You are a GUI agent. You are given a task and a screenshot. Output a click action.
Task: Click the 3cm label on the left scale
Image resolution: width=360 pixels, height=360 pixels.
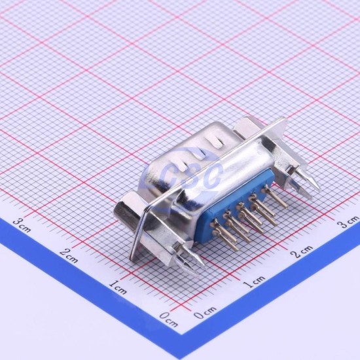tap(22, 225)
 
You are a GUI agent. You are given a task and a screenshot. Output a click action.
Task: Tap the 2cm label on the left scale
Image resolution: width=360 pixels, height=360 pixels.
tap(69, 255)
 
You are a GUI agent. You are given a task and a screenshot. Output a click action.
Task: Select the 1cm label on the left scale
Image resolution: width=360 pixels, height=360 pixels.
tap(118, 287)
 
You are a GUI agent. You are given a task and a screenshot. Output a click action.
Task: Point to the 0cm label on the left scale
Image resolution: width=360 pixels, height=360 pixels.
tap(169, 319)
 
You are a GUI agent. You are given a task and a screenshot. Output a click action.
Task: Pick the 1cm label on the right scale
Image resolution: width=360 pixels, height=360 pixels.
tap(254, 281)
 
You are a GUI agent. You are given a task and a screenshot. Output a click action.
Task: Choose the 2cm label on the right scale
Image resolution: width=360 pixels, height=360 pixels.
tap(302, 251)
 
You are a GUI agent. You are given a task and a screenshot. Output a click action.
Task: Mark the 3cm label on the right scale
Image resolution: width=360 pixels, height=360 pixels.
tap(348, 221)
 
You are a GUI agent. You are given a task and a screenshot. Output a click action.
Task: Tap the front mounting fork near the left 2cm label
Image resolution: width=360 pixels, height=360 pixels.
tap(189, 259)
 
